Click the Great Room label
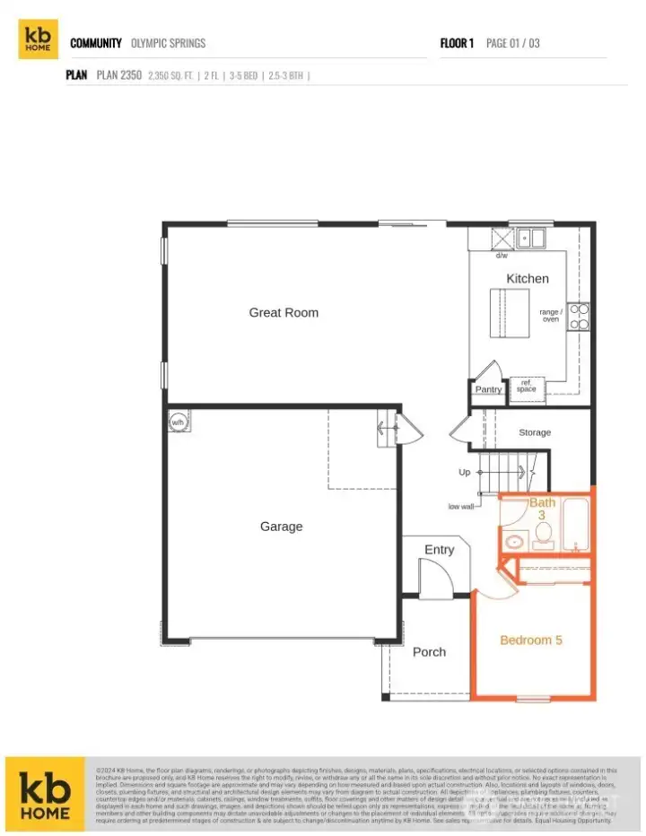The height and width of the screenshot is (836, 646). pyautogui.click(x=284, y=313)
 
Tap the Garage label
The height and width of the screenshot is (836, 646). pyautogui.click(x=281, y=527)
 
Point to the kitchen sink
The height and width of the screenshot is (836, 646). pyautogui.click(x=531, y=238)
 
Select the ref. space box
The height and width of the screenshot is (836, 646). pyautogui.click(x=526, y=386)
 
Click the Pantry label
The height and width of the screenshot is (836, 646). pyautogui.click(x=488, y=389)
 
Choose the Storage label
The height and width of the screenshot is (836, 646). pyautogui.click(x=535, y=433)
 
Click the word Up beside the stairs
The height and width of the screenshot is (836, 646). pyautogui.click(x=464, y=472)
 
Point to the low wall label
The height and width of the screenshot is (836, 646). pyautogui.click(x=461, y=507)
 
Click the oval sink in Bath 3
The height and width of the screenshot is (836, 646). pyautogui.click(x=515, y=541)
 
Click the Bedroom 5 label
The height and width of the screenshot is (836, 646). pyautogui.click(x=531, y=640)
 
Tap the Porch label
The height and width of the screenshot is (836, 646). pyautogui.click(x=429, y=652)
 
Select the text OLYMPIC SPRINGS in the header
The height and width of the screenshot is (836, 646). pyautogui.click(x=168, y=43)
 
